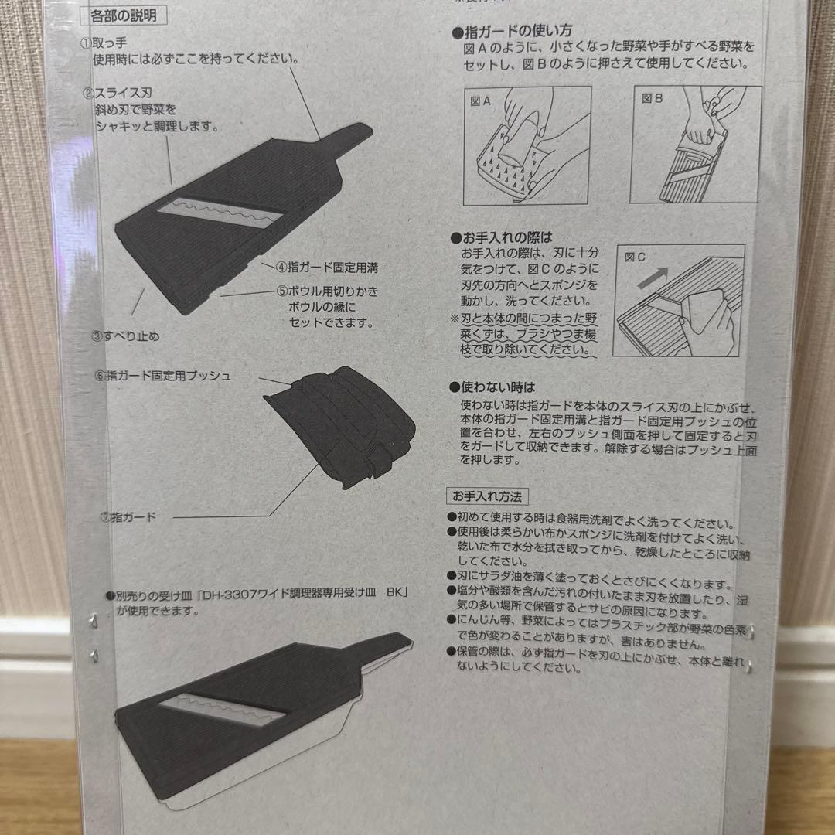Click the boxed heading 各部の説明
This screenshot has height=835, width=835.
pos(123,16)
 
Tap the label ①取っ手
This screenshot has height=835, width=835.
pos(104,43)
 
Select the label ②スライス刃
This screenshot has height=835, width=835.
pos(118,94)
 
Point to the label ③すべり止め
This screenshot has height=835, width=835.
pos(126,336)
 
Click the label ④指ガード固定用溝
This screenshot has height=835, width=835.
pos(327,268)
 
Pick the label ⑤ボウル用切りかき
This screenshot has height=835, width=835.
pos(328,291)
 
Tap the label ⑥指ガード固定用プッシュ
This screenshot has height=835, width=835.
pos(162,376)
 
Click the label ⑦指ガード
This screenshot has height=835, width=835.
pos(128,516)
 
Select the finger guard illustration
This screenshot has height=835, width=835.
pos(340,427)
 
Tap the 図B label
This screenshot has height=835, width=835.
pos(652,98)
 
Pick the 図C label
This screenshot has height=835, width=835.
pos(634,257)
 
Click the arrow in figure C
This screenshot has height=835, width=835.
pos(653,278)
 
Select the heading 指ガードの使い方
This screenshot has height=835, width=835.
pos(512,32)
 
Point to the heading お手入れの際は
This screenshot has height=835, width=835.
pos(502,237)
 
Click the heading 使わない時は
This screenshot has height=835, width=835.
pos(492,387)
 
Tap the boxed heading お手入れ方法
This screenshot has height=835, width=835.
pos(487,496)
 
